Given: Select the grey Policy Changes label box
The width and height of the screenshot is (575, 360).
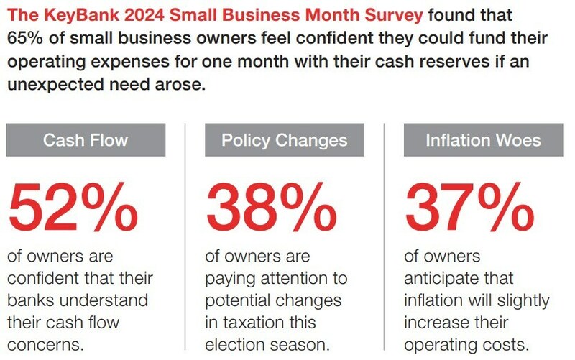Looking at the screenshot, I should click(x=284, y=139).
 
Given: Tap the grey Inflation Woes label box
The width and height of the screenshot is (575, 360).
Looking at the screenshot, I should click(x=483, y=139).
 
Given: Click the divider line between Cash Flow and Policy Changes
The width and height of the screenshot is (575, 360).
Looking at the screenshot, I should click(x=185, y=230).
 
